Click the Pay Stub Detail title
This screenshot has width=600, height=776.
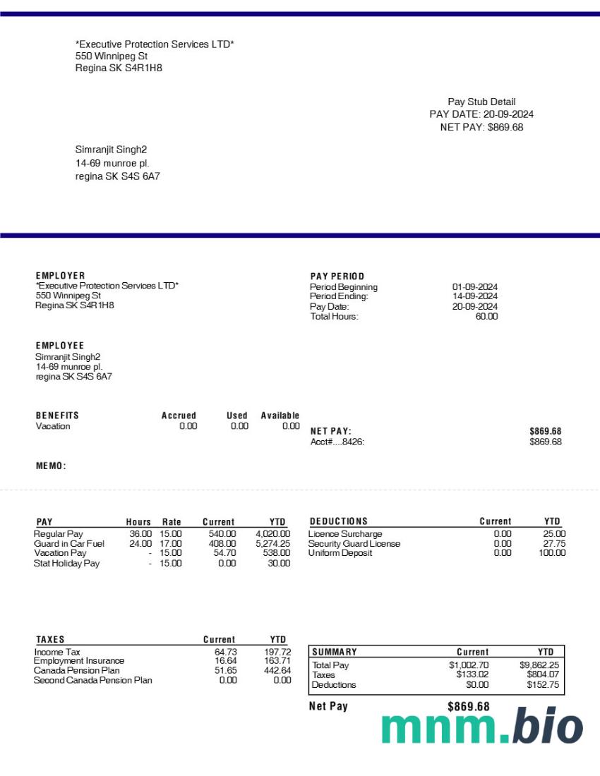(x=481, y=102)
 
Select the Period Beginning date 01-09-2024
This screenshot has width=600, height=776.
(x=475, y=287)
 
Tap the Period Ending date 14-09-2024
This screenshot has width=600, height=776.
(x=475, y=297)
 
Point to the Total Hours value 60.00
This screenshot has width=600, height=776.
(x=486, y=317)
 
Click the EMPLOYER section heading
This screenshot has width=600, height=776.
(x=61, y=276)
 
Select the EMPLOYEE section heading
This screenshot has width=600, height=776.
(x=60, y=346)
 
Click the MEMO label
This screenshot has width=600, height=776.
(x=51, y=466)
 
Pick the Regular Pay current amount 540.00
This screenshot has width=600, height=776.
(x=222, y=534)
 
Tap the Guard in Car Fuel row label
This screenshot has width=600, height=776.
(x=69, y=544)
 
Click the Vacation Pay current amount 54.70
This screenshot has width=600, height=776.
(x=224, y=553)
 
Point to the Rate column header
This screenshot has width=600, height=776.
(x=172, y=522)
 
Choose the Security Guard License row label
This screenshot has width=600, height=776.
(x=354, y=544)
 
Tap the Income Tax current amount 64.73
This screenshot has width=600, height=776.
(x=225, y=652)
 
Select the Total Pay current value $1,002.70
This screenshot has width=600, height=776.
(x=469, y=665)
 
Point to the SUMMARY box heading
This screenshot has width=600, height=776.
(x=335, y=652)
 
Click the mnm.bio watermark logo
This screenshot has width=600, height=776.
(x=483, y=727)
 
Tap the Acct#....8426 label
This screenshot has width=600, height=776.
(x=338, y=442)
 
